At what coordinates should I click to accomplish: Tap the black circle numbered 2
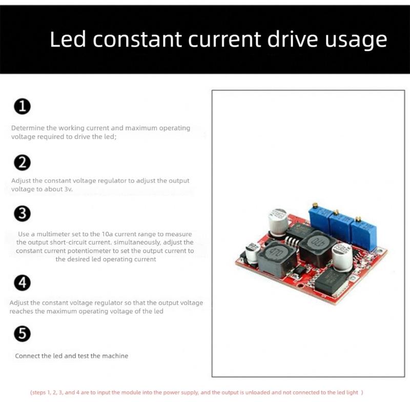click(23, 162)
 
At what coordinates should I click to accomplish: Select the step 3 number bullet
click(23, 214)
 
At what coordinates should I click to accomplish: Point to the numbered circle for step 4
click(23, 282)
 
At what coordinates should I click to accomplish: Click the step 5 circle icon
click(23, 334)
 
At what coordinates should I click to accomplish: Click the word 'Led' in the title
click(68, 39)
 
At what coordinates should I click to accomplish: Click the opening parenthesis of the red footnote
click(31, 393)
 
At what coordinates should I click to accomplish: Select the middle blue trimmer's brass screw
click(336, 212)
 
